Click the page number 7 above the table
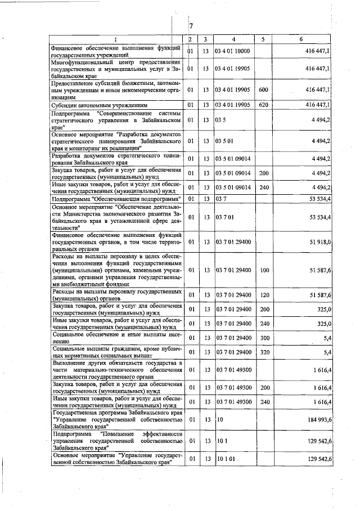point(191,26)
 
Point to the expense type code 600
point(263,89)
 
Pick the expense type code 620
point(263,105)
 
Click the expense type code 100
point(263,270)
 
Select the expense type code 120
point(263,294)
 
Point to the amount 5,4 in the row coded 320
point(326,352)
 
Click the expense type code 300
point(263,338)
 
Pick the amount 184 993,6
point(318,420)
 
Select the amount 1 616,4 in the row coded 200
point(321,388)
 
